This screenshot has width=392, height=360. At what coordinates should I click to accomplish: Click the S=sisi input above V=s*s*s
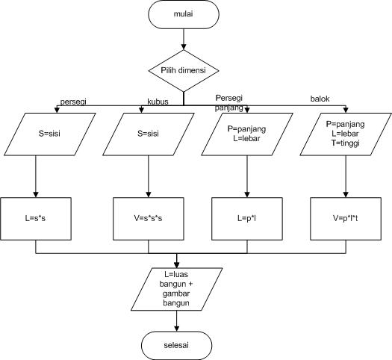tap(148, 134)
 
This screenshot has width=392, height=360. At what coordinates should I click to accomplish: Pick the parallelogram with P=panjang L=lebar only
tap(247, 134)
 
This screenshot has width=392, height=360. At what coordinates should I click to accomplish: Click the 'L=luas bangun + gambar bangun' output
tap(177, 290)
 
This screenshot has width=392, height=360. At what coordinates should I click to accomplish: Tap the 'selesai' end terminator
tap(177, 343)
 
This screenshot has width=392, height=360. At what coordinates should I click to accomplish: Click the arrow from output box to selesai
tap(177, 320)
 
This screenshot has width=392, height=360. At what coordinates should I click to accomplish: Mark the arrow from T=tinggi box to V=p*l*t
tap(344, 177)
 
